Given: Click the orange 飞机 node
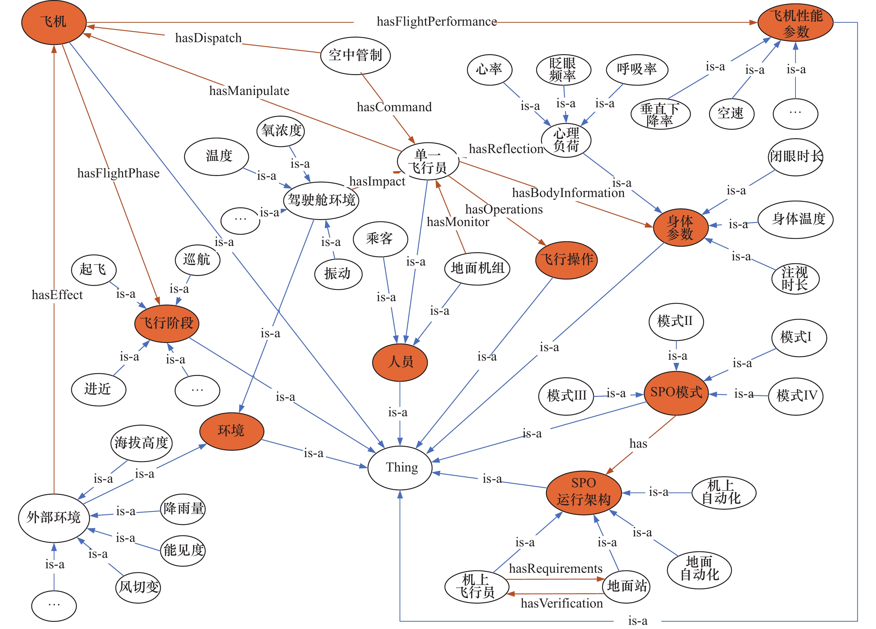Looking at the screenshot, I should coord(54,22).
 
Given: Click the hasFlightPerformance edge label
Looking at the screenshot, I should coord(436,22).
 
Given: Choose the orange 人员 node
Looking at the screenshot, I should coord(400,362).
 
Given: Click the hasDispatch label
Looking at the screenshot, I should coord(208,38).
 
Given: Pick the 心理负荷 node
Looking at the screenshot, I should coord(566,140).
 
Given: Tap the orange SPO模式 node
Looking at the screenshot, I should coord(676,393).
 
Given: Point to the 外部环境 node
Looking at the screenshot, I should coord(54,518).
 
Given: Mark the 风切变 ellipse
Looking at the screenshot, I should coord(138,587).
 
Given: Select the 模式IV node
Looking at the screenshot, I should coord(796,396).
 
